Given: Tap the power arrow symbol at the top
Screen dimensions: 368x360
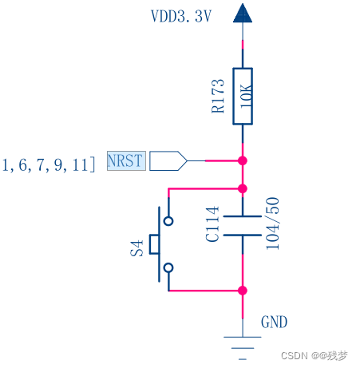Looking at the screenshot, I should coord(243,13).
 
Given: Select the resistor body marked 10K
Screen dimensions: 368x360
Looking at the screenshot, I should coord(243,96).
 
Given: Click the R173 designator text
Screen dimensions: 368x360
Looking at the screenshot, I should coord(218,96).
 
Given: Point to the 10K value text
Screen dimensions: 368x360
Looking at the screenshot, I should coord(246,96).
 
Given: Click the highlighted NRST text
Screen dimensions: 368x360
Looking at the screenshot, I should coord(125,161).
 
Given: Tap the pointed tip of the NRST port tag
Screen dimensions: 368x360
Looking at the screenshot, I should coord(187,161).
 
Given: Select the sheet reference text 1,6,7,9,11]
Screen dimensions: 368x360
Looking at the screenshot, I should coord(49,164).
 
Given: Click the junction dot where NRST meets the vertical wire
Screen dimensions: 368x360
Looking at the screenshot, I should coord(243,161).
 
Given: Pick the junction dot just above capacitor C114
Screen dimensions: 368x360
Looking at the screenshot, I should coord(243,189).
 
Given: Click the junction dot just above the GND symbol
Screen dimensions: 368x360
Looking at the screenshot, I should coord(243,291).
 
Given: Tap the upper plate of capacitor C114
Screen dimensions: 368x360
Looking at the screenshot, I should coord(243,216).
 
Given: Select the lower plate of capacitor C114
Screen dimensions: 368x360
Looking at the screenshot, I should coord(243,235).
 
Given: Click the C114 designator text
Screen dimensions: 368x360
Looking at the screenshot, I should coord(212,225).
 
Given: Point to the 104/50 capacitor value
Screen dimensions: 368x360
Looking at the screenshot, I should coord(272,224).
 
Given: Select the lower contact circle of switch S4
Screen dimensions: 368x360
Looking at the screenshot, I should coord(168,268).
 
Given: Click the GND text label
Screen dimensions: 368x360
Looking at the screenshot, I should coord(274,323).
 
